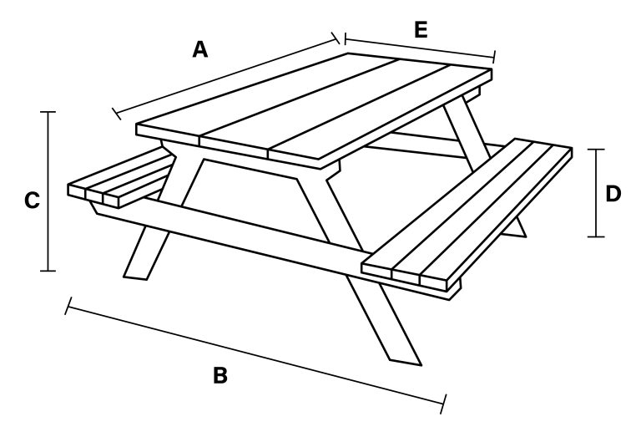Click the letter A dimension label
pyautogui.click(x=200, y=49)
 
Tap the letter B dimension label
pyautogui.click(x=220, y=375)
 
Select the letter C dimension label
pyautogui.click(x=32, y=201)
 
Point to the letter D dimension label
pyautogui.click(x=613, y=194)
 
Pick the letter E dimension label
pyautogui.click(x=421, y=30)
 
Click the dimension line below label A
pyautogui.click(x=226, y=76)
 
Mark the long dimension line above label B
pyautogui.click(x=255, y=355)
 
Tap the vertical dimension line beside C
pyautogui.click(x=48, y=191)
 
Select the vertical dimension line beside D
pyautogui.click(x=597, y=193)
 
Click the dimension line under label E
pyautogui.click(x=420, y=48)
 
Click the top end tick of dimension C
pyautogui.click(x=48, y=112)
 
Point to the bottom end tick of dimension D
pyautogui.click(x=597, y=236)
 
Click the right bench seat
pyautogui.click(x=466, y=213)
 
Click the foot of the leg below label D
pyautogui.click(x=516, y=233)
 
